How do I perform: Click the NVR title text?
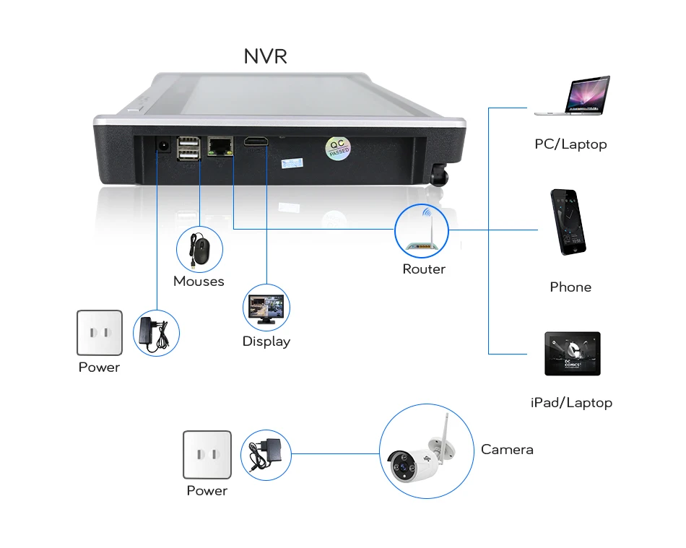click(x=265, y=56)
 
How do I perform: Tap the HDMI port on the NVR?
click(x=256, y=142)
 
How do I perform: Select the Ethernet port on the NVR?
click(x=220, y=146)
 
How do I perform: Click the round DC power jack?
click(x=164, y=145)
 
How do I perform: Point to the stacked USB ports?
click(x=189, y=148)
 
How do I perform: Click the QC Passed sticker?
click(x=338, y=148)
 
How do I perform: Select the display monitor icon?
click(x=266, y=308)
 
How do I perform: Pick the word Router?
click(x=424, y=269)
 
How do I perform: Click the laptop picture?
click(x=572, y=95)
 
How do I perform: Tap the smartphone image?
click(x=568, y=222)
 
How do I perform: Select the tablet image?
click(x=572, y=353)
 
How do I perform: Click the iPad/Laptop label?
click(x=571, y=403)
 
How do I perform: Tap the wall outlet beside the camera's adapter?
click(x=207, y=455)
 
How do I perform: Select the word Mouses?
click(x=199, y=281)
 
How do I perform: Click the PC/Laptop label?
click(x=570, y=144)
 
